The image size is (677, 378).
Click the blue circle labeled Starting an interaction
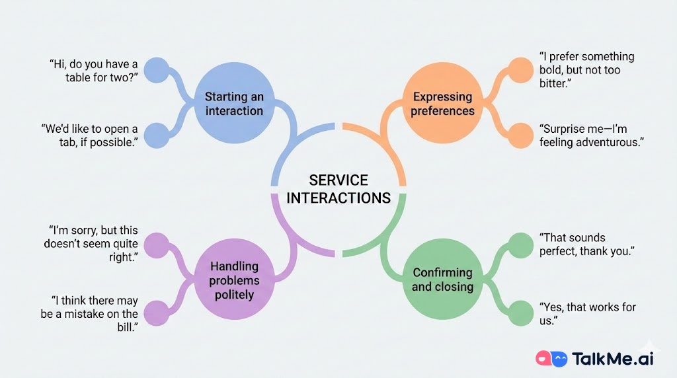pos(234,104)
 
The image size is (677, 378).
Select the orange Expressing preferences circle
pos(442,104)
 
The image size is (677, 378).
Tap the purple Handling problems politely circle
pos(234,280)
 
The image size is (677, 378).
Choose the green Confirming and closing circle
pos(442,280)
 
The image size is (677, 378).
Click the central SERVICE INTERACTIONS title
pos(338,189)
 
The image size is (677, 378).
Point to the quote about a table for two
pos(93,71)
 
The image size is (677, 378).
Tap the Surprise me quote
pos(591,135)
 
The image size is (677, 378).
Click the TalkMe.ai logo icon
pos(552,359)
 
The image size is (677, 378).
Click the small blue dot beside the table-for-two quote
pos(157,71)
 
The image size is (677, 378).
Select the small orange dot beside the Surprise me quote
pos(520,135)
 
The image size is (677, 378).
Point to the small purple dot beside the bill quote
pos(157,313)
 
